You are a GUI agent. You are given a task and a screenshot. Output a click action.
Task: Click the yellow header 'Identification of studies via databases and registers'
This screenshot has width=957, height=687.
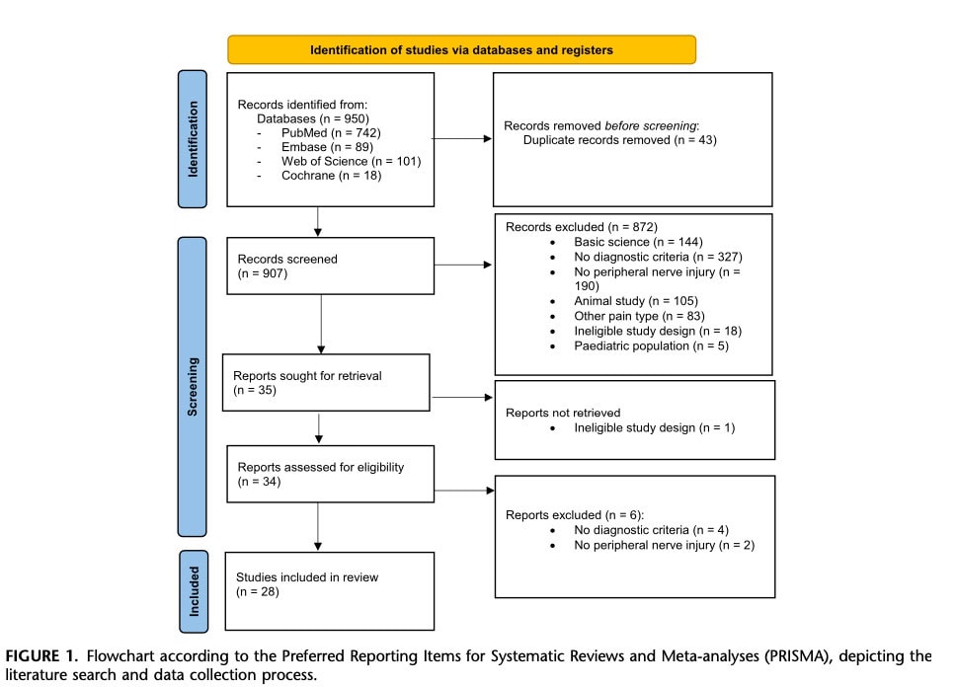(461, 49)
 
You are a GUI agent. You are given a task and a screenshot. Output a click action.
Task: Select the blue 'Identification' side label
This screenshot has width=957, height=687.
(193, 139)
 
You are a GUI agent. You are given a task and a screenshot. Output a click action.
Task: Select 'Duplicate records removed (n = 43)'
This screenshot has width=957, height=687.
(619, 140)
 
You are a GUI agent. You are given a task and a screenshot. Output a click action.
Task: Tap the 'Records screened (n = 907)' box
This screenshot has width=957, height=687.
(330, 266)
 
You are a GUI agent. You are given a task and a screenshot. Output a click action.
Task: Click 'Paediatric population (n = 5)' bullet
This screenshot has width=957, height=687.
(651, 345)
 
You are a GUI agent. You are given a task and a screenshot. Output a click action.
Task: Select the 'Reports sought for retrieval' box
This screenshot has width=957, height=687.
(326, 382)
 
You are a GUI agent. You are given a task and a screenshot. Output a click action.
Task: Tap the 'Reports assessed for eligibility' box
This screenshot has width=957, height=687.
(330, 474)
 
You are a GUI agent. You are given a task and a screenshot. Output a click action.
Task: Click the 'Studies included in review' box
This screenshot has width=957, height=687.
(330, 590)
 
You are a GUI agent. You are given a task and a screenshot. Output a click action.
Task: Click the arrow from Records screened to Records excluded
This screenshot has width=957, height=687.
(463, 266)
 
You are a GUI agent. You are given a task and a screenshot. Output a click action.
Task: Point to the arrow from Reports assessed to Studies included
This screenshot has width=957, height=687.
(318, 527)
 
